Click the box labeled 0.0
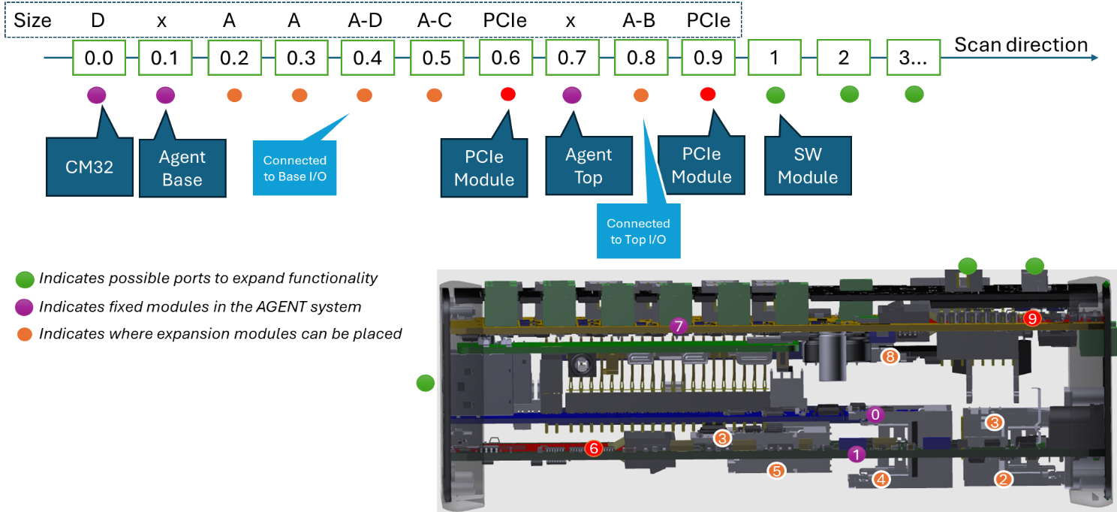[x=98, y=58]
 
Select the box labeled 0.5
[x=436, y=58]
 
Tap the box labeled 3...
[x=913, y=58]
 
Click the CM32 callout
[x=89, y=167]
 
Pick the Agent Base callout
[x=182, y=168]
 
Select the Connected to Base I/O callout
[x=294, y=169]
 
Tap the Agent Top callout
[x=589, y=167]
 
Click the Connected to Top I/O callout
[x=638, y=231]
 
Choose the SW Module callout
[x=808, y=166]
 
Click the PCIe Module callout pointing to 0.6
[x=484, y=167]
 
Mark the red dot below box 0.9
[x=707, y=95]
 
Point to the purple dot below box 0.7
[x=571, y=95]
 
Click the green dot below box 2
[x=849, y=94]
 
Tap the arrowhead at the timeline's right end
[x=1094, y=58]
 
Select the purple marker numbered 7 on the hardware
[x=679, y=326]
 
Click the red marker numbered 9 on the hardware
[x=1033, y=318]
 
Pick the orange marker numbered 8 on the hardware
[x=890, y=357]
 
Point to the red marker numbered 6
[x=593, y=448]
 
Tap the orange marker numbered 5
[x=776, y=471]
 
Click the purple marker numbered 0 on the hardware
[x=875, y=414]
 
